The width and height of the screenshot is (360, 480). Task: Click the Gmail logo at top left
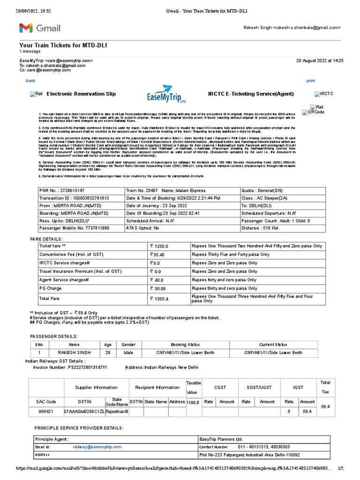pyautogui.click(x=40, y=28)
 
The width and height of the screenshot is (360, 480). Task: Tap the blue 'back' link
pyautogui.click(x=30, y=81)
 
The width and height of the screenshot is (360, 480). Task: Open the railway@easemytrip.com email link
pyautogui.click(x=97, y=447)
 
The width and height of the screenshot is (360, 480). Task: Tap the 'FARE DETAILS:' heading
pyautogui.click(x=49, y=239)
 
